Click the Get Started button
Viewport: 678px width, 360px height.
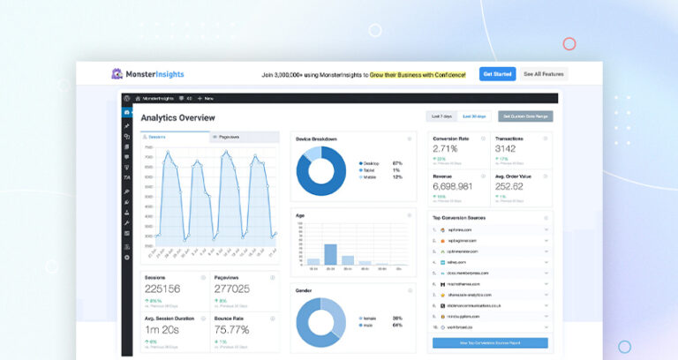498,74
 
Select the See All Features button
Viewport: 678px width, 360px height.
543,74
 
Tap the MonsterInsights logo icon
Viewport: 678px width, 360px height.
117,74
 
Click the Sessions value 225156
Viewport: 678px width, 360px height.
162,289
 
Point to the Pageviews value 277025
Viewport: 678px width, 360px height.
232,289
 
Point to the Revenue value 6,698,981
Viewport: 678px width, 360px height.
453,186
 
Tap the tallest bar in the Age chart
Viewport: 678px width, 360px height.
331,254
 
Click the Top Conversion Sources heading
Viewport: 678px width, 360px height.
459,217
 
